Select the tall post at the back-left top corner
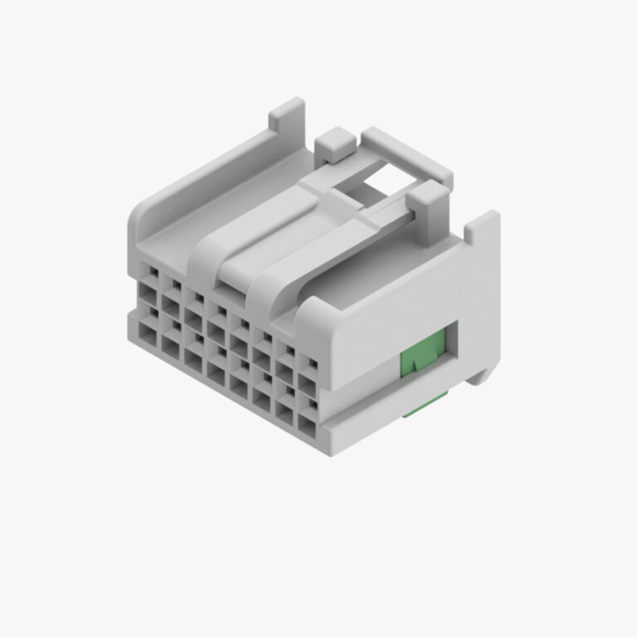point(287,117)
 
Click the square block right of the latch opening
point(429,199)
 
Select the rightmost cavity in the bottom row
point(307,428)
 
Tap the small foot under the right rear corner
point(479,377)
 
